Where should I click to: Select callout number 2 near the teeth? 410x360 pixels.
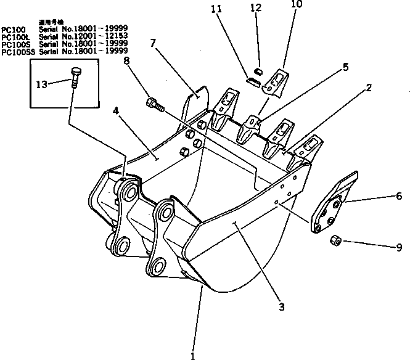click(x=368, y=88)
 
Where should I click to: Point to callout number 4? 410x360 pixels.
click(x=115, y=112)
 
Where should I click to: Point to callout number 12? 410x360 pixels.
click(x=258, y=7)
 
